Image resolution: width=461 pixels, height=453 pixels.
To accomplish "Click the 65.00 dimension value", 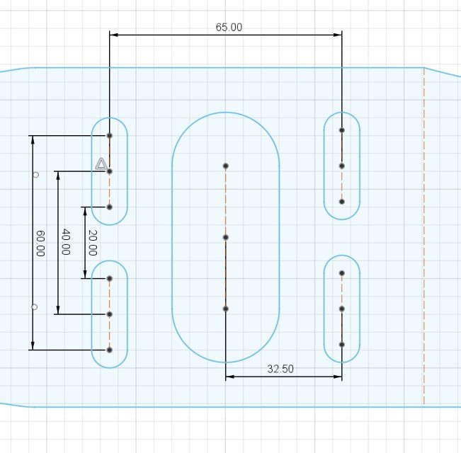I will click(x=229, y=28).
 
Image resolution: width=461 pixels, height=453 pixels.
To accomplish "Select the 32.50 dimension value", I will click(x=280, y=369).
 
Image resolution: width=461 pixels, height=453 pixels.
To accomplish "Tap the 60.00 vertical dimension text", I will click(x=40, y=243).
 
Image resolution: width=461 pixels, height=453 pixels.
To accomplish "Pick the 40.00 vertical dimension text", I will click(x=65, y=242).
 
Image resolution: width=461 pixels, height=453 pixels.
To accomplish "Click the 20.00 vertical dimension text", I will click(x=91, y=242).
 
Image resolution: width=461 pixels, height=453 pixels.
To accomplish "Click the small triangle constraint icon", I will click(x=101, y=164).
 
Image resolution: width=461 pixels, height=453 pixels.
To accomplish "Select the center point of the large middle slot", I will click(x=225, y=237).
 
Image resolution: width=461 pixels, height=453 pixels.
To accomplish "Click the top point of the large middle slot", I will click(x=225, y=166).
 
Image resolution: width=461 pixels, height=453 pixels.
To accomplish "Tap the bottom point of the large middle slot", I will click(x=225, y=309).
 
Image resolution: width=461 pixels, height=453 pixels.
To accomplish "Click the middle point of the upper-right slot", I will click(x=341, y=166).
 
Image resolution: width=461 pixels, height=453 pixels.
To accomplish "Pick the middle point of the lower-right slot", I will click(x=341, y=309).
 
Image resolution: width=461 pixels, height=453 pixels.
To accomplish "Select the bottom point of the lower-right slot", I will click(x=341, y=345).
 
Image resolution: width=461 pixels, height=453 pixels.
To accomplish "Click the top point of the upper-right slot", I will click(x=341, y=130).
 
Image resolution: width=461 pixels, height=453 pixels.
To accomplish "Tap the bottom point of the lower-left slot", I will click(x=110, y=350).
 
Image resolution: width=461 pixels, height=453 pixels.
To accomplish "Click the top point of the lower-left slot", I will click(x=110, y=278).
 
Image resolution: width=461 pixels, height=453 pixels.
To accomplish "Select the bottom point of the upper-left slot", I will click(x=110, y=207).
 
